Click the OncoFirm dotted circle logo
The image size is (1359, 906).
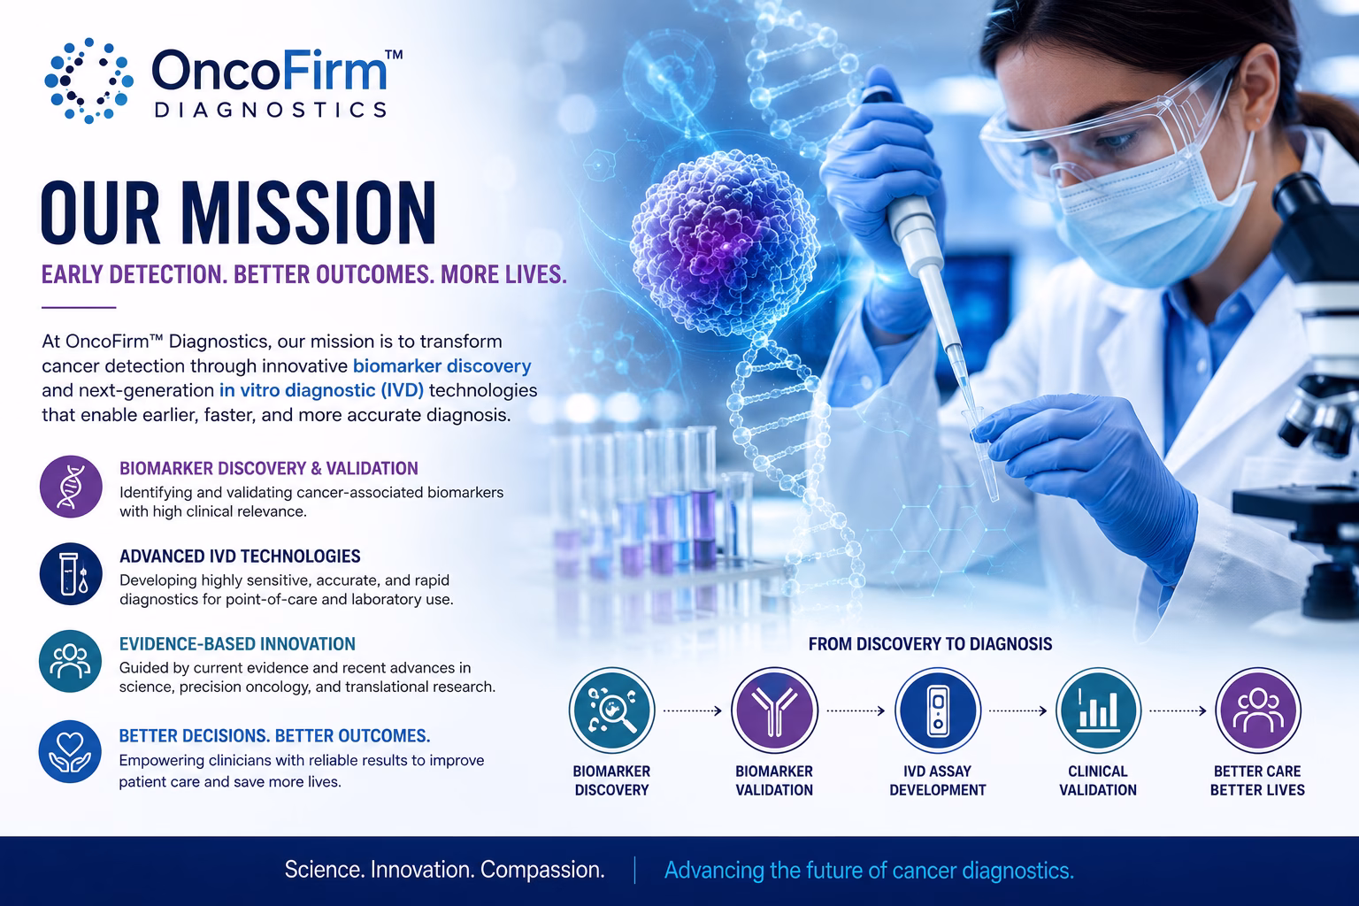click(x=89, y=81)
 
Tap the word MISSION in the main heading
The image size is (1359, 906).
click(x=308, y=213)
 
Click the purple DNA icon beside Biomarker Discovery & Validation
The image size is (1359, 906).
click(x=71, y=487)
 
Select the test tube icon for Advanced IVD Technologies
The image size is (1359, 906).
click(x=71, y=574)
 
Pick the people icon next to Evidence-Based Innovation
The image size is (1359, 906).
click(x=71, y=662)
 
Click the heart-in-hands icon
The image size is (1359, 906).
click(x=71, y=752)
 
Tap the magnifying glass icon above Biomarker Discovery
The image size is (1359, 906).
click(x=611, y=710)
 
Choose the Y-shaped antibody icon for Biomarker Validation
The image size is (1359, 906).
click(x=774, y=710)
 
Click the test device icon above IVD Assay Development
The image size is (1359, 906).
click(x=938, y=710)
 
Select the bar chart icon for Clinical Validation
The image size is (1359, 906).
click(x=1098, y=710)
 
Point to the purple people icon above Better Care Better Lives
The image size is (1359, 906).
click(x=1257, y=710)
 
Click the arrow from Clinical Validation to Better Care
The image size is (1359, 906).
click(x=1178, y=710)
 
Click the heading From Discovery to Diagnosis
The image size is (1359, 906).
click(x=930, y=644)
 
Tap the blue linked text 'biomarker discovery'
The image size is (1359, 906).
click(x=441, y=366)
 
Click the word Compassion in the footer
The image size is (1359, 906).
click(x=542, y=870)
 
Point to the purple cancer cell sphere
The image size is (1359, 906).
click(x=725, y=242)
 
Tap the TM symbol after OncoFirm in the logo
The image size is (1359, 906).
click(x=394, y=55)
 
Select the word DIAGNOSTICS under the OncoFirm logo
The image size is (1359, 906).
click(x=271, y=110)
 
